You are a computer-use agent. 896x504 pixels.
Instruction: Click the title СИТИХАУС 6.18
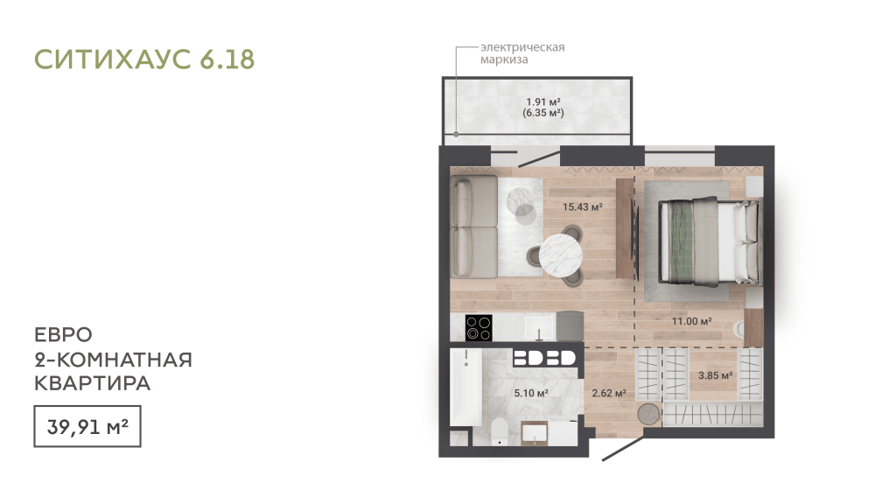[x=144, y=59]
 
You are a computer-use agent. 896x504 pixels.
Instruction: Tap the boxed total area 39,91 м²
[x=87, y=426]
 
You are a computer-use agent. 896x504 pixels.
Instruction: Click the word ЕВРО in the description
[x=63, y=334]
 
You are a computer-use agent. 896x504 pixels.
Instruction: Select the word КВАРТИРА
[x=92, y=383]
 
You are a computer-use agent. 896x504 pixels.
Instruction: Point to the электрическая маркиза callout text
[x=521, y=53]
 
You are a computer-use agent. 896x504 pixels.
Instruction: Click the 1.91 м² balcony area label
[x=542, y=101]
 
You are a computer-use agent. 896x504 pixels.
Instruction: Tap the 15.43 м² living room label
[x=582, y=206]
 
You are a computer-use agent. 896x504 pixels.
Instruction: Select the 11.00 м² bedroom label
[x=691, y=321]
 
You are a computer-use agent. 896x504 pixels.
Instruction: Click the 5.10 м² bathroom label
[x=531, y=393]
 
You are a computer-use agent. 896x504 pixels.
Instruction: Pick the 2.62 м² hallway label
[x=609, y=393]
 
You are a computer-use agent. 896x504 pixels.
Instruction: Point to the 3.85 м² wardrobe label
[x=716, y=375]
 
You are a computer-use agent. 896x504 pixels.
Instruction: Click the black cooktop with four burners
[x=479, y=328]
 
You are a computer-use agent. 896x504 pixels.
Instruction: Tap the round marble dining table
[x=561, y=255]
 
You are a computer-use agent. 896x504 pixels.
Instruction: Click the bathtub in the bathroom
[x=465, y=387]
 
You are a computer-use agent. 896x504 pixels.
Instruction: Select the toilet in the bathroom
[x=500, y=430]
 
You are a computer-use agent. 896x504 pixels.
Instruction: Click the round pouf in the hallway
[x=648, y=414]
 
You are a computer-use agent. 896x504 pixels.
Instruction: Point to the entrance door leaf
[x=623, y=449]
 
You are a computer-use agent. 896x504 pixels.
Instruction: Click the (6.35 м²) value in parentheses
[x=542, y=113]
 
